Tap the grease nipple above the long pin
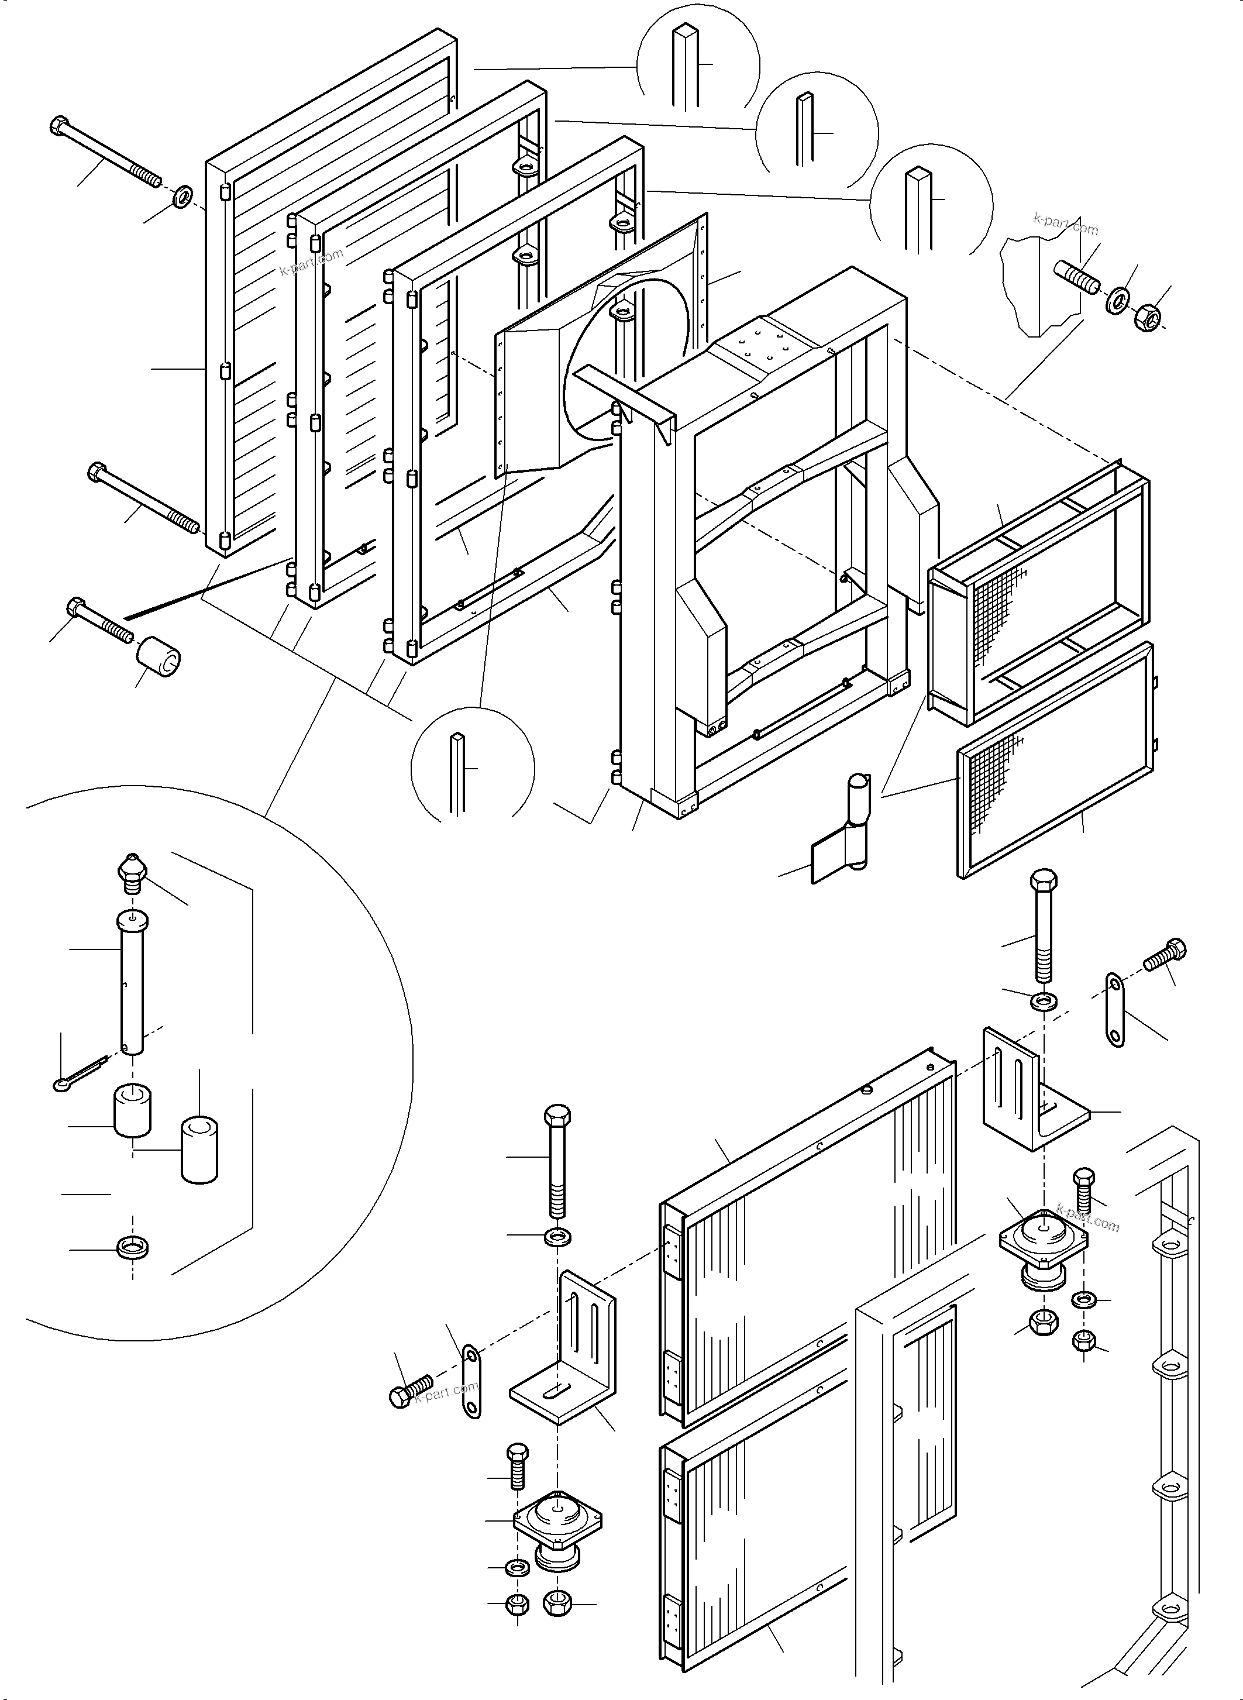point(132,873)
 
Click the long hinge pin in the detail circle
point(132,982)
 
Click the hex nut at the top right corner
point(1146,317)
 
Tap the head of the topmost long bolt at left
point(60,126)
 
